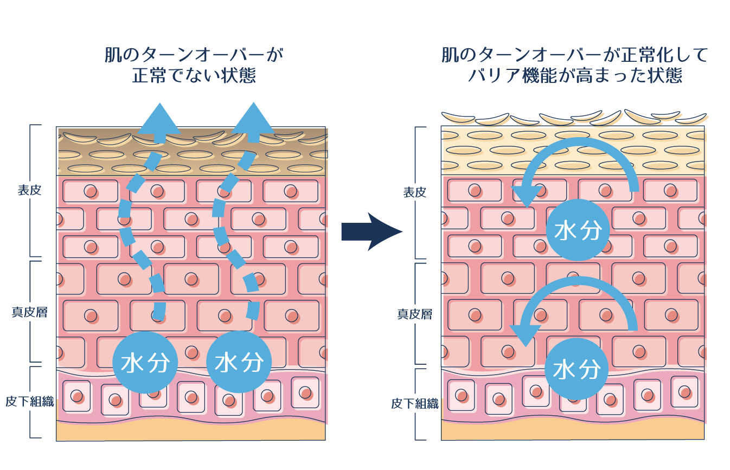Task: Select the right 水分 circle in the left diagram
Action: click(x=239, y=362)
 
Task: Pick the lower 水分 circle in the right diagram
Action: click(x=576, y=369)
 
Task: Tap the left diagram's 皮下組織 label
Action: click(x=29, y=402)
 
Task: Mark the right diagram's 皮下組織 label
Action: click(x=414, y=404)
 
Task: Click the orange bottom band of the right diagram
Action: click(x=573, y=432)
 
